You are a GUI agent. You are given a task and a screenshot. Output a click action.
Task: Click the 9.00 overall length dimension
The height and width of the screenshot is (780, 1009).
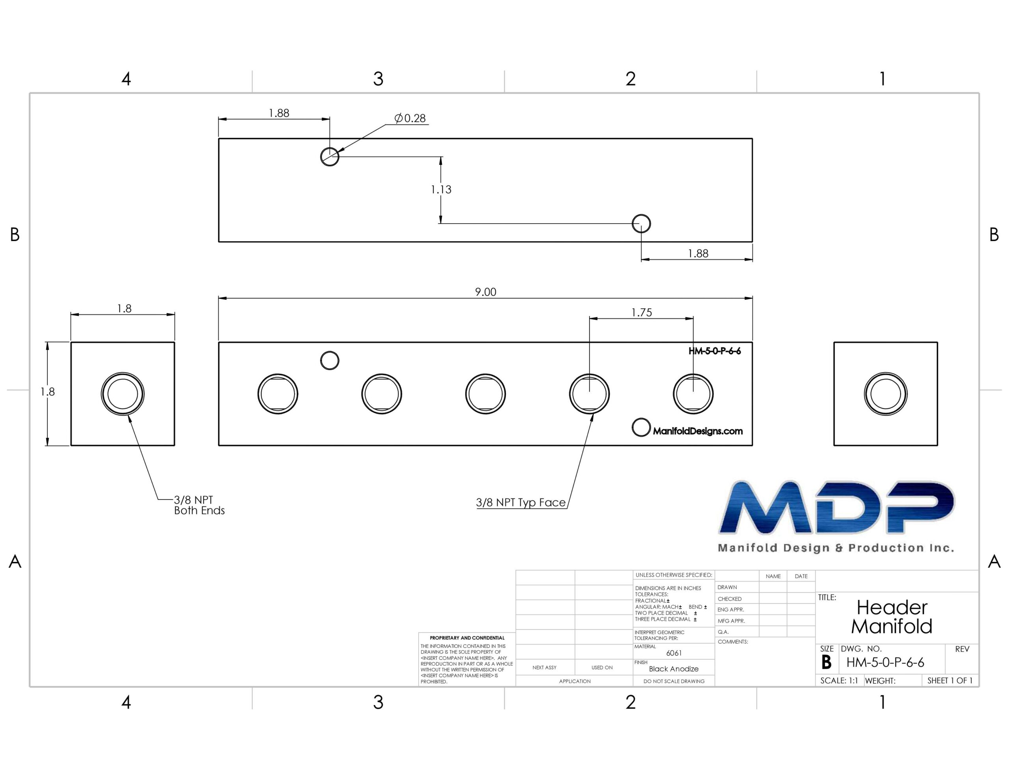486,292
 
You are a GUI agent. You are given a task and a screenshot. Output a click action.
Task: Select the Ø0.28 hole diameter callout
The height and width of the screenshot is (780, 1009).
410,118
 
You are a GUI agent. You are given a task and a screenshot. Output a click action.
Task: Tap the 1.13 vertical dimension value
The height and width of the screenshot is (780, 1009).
441,190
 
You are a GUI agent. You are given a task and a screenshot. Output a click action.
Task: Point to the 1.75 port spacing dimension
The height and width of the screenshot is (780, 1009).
642,313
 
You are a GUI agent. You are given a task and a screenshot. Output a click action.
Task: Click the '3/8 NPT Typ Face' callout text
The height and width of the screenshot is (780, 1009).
521,503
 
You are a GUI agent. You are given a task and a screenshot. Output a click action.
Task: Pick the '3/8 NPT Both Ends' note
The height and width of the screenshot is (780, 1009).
199,506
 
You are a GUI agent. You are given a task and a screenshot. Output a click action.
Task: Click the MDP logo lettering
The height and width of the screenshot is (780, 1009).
837,507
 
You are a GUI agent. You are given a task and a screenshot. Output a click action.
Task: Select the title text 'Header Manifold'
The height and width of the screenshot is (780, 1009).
892,617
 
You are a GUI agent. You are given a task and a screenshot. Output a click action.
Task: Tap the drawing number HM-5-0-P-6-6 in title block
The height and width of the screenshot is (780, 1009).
885,662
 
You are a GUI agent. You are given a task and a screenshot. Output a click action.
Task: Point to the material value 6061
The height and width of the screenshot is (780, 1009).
674,653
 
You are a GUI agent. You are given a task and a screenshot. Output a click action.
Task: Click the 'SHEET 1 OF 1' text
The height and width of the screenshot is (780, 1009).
950,681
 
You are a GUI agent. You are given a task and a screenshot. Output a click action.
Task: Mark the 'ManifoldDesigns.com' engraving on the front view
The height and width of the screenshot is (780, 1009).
698,431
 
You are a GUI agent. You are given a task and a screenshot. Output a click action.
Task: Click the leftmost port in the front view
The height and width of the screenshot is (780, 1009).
277,394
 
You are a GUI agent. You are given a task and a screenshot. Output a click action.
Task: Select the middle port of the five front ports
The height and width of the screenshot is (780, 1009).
486,394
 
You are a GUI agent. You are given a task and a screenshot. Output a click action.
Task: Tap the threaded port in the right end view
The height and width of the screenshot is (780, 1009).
886,394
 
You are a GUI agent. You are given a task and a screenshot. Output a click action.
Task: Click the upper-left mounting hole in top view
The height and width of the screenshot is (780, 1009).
330,156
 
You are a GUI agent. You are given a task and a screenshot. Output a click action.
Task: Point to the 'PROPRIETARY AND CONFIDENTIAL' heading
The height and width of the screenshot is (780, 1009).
467,638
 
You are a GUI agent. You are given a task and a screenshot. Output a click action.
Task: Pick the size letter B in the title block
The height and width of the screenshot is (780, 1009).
827,662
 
